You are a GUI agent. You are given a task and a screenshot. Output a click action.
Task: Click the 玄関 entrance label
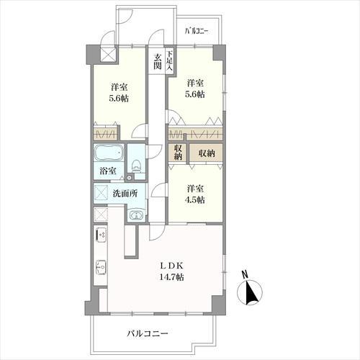click(x=157, y=61)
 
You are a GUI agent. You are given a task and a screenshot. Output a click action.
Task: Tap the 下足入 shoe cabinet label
click(x=170, y=60)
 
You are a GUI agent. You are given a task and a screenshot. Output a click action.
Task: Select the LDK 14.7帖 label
click(x=172, y=271)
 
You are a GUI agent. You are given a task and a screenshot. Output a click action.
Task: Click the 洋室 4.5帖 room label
click(x=195, y=194)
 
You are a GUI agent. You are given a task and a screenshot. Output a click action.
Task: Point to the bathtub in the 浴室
click(x=109, y=153)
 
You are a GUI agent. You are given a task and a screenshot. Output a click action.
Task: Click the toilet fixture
click(x=136, y=166)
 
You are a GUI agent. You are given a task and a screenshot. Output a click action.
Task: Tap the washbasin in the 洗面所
click(x=136, y=214)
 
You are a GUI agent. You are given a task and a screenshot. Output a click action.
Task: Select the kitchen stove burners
click(x=101, y=234)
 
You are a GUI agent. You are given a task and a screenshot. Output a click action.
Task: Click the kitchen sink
click(x=101, y=267)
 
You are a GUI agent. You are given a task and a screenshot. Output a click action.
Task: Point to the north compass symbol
click(x=250, y=293)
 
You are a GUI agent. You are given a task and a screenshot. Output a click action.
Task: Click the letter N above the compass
click(x=245, y=274)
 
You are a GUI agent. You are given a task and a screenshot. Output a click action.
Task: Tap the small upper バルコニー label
click(x=197, y=32)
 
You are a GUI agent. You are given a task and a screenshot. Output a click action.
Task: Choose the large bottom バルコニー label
click(x=148, y=333)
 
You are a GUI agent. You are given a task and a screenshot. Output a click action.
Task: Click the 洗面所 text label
click(x=125, y=193)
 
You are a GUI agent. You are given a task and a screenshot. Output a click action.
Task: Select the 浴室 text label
click(x=108, y=171)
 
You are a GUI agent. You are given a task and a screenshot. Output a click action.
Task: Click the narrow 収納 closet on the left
click(x=178, y=153)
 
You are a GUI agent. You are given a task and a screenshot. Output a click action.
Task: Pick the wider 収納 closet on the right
click(x=207, y=153)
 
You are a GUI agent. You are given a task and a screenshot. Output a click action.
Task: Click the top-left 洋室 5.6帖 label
click(x=119, y=93)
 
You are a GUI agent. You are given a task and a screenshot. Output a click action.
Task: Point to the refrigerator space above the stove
click(x=101, y=215)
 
